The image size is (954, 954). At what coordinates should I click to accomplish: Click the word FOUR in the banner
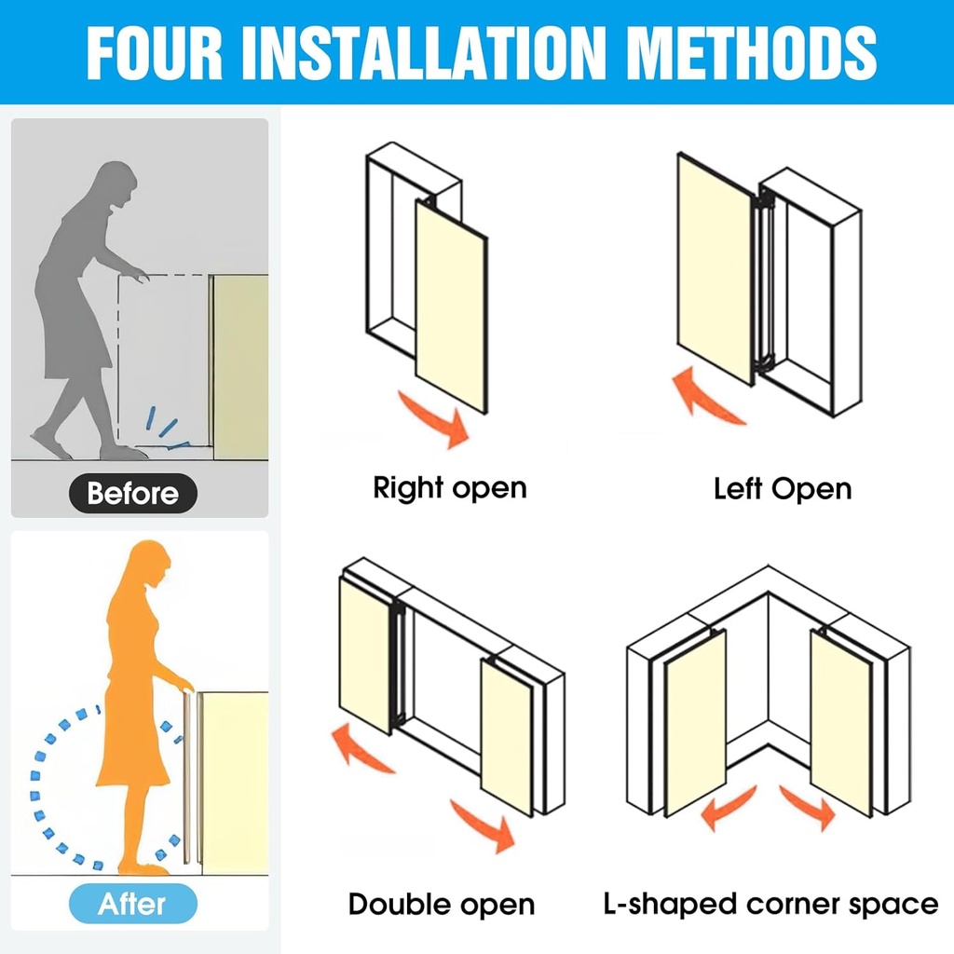[155, 53]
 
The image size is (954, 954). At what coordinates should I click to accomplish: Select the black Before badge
[132, 493]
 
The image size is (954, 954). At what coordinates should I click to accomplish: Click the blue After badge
[132, 904]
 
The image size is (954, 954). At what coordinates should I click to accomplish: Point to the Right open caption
[450, 488]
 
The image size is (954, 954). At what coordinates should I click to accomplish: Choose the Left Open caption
[783, 489]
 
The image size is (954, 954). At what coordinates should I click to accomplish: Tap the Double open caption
[441, 904]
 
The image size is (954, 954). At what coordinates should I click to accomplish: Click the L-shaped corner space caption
[770, 904]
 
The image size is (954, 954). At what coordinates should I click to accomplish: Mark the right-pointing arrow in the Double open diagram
[484, 825]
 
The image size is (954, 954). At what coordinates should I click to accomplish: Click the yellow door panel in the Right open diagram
[451, 307]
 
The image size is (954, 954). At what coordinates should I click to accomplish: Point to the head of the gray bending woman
[117, 182]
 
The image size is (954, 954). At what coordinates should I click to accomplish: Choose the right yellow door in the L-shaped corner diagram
[841, 723]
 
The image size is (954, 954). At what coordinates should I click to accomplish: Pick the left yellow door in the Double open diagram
[365, 655]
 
